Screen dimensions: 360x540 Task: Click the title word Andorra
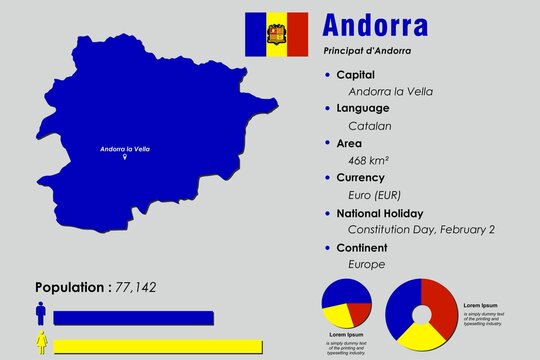(x=377, y=23)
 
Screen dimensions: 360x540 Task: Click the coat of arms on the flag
(x=272, y=36)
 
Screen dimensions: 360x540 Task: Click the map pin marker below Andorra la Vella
(x=125, y=158)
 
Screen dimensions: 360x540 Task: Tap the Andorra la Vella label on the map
(x=125, y=148)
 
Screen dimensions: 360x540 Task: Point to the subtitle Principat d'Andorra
(x=368, y=51)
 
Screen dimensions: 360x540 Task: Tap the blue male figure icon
(x=41, y=315)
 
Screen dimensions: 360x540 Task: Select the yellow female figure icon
(x=41, y=345)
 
